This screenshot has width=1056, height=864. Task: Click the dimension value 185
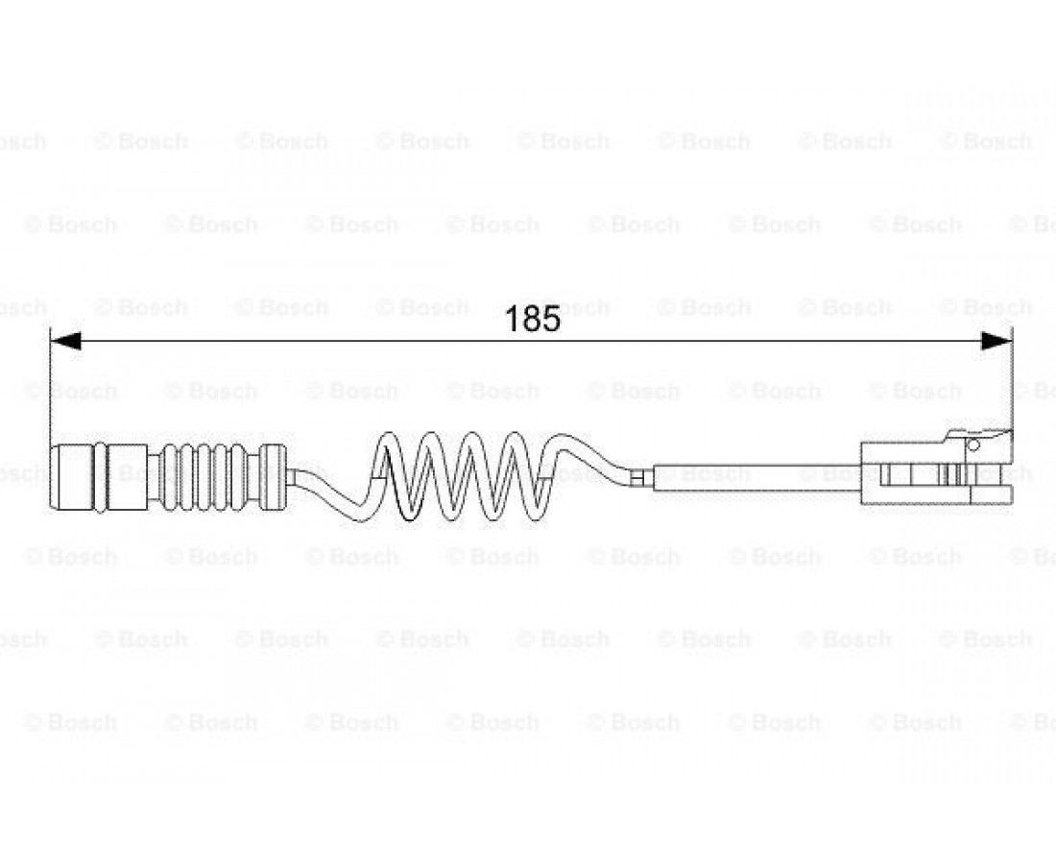coord(532,319)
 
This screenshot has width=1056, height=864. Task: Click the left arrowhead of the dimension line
coord(66,341)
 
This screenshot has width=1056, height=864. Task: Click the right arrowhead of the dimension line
coord(996,341)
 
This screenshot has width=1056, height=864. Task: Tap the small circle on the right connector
coord(972,444)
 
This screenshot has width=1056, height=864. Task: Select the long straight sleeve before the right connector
coord(757,477)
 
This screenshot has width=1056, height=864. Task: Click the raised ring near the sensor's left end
coord(99,477)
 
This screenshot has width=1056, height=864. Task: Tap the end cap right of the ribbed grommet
coord(274,477)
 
